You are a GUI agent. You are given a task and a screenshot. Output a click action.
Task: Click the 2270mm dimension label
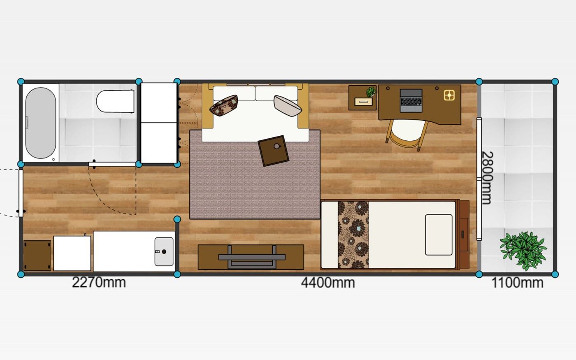(99, 283)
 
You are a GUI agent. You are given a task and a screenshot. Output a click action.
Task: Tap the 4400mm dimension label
(328, 283)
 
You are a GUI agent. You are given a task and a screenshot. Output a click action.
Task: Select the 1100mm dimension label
(518, 283)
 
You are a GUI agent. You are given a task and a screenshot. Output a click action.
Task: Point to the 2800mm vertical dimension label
(487, 178)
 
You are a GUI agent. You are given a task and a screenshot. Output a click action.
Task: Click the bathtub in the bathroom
(41, 123)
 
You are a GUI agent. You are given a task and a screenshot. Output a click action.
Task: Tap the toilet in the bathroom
(116, 101)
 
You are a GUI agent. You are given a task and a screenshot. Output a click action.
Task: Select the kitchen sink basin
(164, 251)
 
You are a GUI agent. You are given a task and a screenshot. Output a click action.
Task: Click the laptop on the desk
(411, 100)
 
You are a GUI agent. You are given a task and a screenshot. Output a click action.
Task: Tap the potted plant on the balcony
(523, 251)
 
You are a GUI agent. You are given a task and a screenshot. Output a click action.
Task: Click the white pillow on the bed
(439, 235)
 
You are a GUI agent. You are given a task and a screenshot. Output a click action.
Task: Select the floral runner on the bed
(353, 235)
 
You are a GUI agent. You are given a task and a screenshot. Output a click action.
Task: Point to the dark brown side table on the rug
(273, 151)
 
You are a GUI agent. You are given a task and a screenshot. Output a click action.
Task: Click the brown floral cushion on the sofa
(224, 105)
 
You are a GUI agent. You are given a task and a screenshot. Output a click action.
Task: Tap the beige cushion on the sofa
(288, 106)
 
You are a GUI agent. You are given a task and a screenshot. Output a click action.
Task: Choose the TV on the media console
(252, 257)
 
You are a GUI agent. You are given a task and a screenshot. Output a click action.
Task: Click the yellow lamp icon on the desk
(449, 95)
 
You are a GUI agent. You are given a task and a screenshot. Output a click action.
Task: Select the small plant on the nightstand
(371, 92)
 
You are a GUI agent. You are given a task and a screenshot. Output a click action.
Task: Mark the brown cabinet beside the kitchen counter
(37, 255)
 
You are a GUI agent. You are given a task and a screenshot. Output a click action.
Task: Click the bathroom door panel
(112, 164)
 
